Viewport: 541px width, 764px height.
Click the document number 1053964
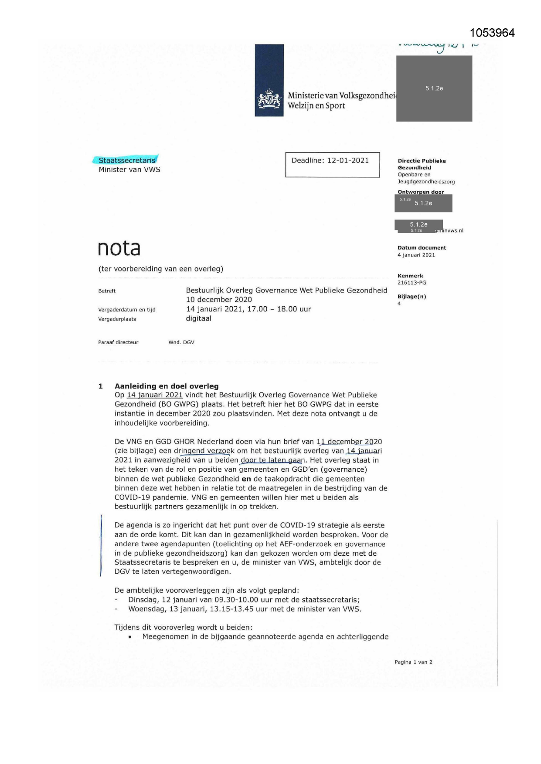pos(492,33)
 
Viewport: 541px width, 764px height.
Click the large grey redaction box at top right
pos(434,88)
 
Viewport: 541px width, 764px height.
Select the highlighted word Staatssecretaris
pos(126,160)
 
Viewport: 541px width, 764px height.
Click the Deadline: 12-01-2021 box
pos(332,164)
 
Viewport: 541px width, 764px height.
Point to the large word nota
pos(119,248)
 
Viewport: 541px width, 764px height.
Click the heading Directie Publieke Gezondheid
pos(421,164)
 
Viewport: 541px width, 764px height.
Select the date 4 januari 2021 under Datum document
pos(416,255)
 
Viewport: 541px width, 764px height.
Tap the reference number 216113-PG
pos(412,283)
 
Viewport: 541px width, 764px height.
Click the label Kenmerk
pos(410,276)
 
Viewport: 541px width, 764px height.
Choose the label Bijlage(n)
pos(412,297)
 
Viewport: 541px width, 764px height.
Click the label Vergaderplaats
pos(117,319)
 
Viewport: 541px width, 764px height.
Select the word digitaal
pos(198,318)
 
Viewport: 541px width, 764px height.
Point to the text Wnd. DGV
pos(181,342)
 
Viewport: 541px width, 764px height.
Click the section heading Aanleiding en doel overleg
pos(167,386)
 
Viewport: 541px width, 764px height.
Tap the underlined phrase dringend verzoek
pos(204,451)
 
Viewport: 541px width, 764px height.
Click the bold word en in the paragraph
pos(246,479)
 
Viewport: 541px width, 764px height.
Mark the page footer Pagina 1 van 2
pos(413,662)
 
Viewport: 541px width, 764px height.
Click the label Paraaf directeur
pos(118,342)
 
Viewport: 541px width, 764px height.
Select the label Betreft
pos(107,291)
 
